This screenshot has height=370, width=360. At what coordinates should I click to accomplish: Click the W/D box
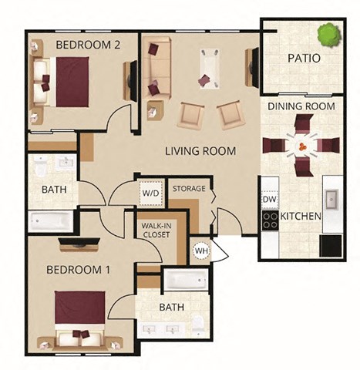pyautogui.click(x=150, y=192)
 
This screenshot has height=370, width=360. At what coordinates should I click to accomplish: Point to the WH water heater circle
pyautogui.click(x=200, y=250)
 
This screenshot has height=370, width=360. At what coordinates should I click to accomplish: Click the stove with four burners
pyautogui.click(x=270, y=220)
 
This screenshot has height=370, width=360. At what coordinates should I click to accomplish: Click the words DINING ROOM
pyautogui.click(x=301, y=106)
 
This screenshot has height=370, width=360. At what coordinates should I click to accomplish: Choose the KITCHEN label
pyautogui.click(x=301, y=217)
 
